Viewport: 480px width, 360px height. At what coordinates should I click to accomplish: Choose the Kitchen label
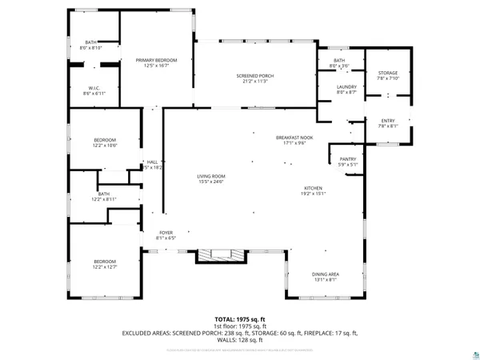tap(313, 190)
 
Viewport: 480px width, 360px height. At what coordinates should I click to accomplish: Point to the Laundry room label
tap(346, 89)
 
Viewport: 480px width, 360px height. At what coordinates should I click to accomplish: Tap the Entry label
tap(387, 122)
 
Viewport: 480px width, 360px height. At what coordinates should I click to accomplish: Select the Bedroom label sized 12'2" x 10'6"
tap(105, 142)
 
